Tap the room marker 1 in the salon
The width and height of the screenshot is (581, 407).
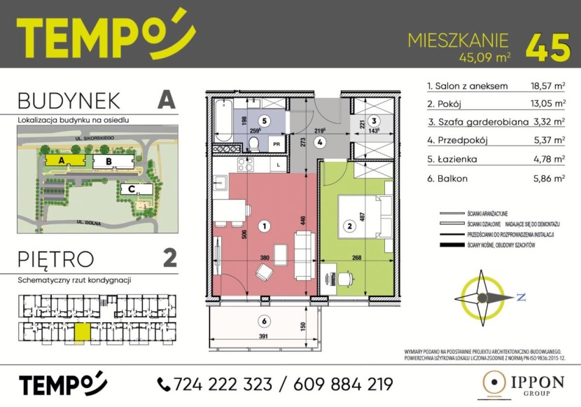coord(264,226)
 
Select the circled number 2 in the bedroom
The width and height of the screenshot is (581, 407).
coord(349,226)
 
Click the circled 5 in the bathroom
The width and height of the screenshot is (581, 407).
coord(263,120)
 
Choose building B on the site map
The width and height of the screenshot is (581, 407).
coord(108,162)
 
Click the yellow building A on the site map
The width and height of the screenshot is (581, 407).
coord(63,160)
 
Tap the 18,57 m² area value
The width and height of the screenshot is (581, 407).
coord(548,88)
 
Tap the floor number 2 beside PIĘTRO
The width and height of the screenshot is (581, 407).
coord(169,258)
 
